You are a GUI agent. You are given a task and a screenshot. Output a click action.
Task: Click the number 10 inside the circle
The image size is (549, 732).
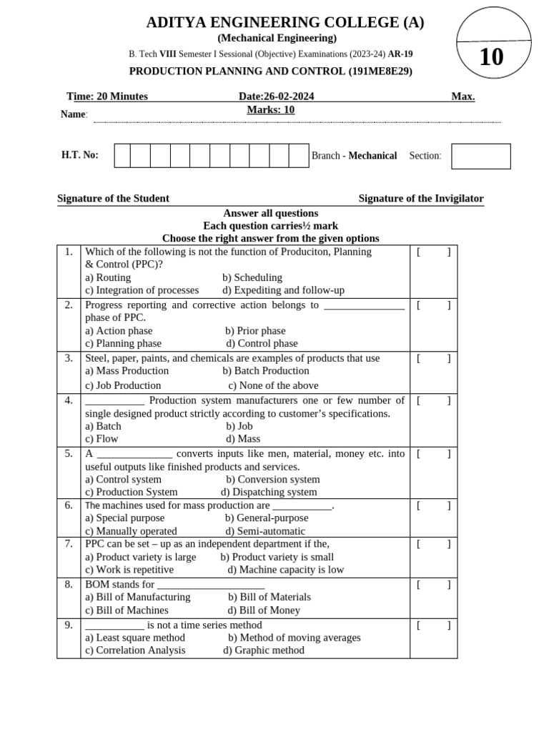point(491,56)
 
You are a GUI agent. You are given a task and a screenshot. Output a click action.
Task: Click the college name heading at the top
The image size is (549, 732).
point(285,22)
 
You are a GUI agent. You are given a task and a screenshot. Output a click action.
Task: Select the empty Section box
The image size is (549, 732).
point(480,156)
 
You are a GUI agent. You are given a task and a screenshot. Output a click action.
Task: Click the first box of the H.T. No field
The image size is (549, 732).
point(122,155)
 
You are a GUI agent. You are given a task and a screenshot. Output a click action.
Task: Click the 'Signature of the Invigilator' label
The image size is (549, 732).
point(420,199)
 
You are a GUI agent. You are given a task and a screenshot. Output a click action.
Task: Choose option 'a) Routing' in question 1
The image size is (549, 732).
point(108,277)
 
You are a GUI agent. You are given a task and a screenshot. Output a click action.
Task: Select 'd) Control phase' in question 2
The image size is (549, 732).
point(262,344)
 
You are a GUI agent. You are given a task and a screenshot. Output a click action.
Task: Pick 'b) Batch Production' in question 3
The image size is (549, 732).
point(265,371)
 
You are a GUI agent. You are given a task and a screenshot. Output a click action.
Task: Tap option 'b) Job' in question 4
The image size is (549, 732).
point(239,426)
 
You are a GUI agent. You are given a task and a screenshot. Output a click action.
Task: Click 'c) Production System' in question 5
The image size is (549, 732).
point(131,493)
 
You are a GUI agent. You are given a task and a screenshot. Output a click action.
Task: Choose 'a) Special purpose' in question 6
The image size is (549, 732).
point(124,518)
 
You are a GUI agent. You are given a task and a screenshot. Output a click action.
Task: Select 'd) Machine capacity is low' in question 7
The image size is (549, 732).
point(285,570)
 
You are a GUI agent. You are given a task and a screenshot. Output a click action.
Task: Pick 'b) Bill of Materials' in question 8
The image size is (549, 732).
point(269,597)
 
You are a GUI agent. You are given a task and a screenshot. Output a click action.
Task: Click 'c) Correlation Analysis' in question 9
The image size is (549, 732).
point(135,651)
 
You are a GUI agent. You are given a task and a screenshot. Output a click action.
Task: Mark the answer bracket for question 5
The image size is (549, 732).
point(433,454)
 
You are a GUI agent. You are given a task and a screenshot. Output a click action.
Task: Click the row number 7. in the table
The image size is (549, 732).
point(69,544)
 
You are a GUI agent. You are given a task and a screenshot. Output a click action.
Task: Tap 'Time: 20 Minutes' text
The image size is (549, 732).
point(107,97)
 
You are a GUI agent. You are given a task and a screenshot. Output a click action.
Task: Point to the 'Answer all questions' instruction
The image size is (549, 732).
point(270,213)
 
